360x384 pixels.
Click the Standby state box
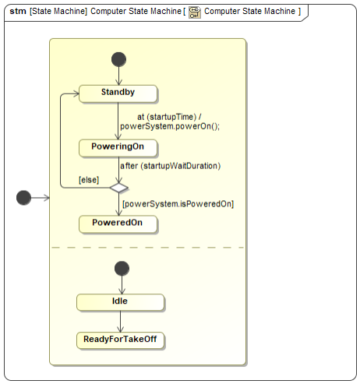118,93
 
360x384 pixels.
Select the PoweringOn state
118,148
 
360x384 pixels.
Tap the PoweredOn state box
118,224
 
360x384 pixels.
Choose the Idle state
120,302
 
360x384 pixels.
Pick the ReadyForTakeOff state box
120,340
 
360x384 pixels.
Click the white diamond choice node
118,188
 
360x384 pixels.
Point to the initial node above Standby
118,59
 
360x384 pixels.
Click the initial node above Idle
122,269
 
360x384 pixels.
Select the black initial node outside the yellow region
23,198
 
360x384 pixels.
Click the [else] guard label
89,180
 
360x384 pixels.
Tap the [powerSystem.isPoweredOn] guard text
178,204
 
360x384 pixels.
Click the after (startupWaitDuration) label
170,166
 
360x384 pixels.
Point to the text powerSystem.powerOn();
170,126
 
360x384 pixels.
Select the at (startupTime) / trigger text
169,117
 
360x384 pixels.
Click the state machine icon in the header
195,12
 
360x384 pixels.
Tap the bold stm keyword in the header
18,12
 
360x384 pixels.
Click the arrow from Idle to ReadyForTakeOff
120,322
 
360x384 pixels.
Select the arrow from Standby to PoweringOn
118,121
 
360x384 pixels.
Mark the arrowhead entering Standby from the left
76,93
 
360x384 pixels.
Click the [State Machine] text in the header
58,12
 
